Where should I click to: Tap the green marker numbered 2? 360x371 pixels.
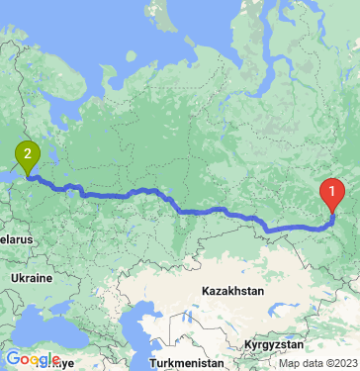[x=27, y=154]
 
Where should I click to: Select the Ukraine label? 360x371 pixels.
[x=32, y=279]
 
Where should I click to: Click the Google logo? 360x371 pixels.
[x=32, y=359]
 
